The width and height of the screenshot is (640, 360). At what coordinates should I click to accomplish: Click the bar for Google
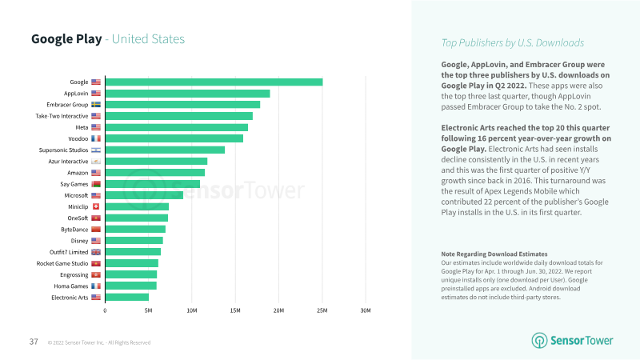coord(214,82)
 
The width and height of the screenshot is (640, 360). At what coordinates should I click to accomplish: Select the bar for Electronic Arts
coord(126,297)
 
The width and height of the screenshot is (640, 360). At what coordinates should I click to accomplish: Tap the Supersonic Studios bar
coord(165,150)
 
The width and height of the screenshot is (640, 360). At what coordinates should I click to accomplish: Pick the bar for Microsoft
coord(144,195)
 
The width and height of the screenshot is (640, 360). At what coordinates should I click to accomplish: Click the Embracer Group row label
coord(67,105)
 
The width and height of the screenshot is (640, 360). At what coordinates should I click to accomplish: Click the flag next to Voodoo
coord(96,138)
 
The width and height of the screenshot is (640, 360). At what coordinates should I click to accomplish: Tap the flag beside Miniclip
coord(96,206)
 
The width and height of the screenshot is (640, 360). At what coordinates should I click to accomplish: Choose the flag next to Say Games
coord(96,184)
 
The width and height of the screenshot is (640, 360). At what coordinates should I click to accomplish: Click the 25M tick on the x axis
coord(322,310)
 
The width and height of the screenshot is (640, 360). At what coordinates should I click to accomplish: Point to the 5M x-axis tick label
coord(148,310)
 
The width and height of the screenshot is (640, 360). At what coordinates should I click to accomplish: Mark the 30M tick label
coord(365,310)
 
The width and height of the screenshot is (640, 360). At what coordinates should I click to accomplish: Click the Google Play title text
coord(66,39)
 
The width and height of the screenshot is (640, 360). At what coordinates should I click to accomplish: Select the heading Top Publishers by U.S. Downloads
coord(513,42)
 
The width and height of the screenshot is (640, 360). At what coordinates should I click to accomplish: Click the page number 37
coord(34,342)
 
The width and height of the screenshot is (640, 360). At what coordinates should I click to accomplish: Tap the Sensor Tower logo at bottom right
coord(573,340)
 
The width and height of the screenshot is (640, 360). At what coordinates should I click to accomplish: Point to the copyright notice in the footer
coord(99,342)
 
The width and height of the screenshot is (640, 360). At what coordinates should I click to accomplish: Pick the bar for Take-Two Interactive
coord(178,116)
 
